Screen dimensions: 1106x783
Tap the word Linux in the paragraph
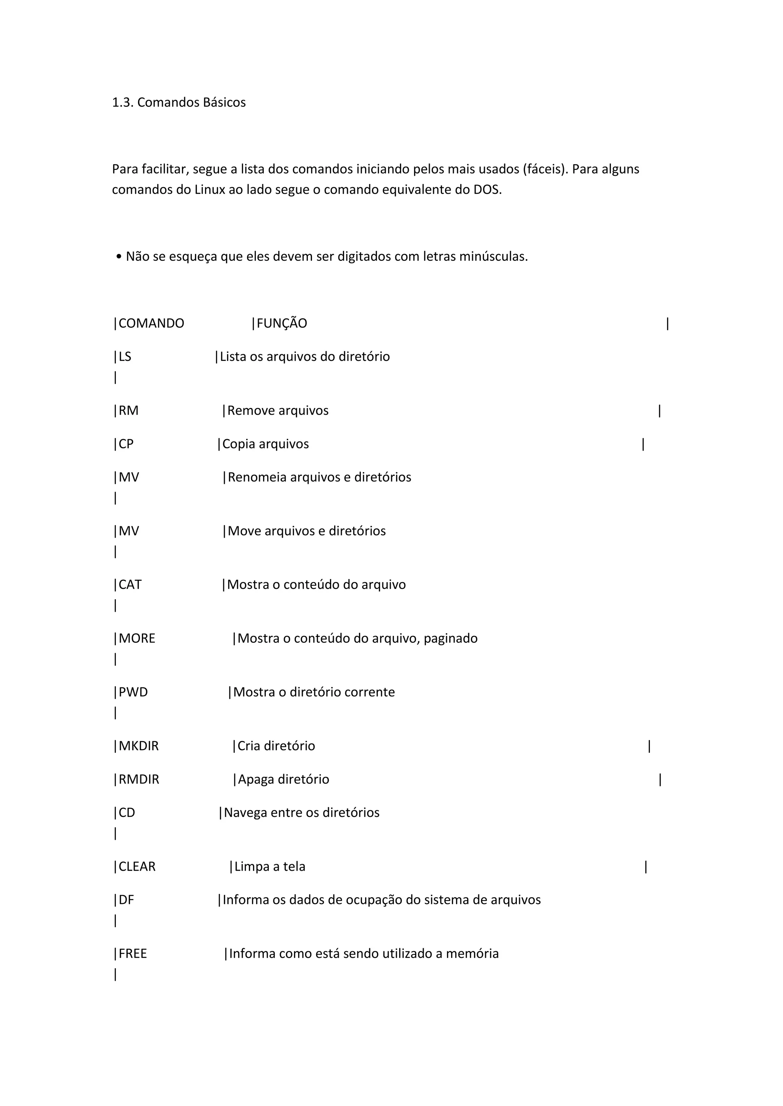coord(210,190)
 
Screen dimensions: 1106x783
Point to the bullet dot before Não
coord(119,257)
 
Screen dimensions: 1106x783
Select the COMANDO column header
coord(151,323)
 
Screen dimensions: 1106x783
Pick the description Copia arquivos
coord(265,444)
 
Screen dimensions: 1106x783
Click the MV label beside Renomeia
coord(129,477)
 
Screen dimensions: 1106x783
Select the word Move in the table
coord(244,531)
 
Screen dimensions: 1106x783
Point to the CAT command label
coord(130,585)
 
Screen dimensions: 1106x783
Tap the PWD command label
coord(133,692)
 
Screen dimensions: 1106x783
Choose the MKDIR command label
coord(138,746)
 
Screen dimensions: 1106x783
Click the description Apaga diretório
coord(284,779)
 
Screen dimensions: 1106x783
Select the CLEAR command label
coord(137,867)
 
